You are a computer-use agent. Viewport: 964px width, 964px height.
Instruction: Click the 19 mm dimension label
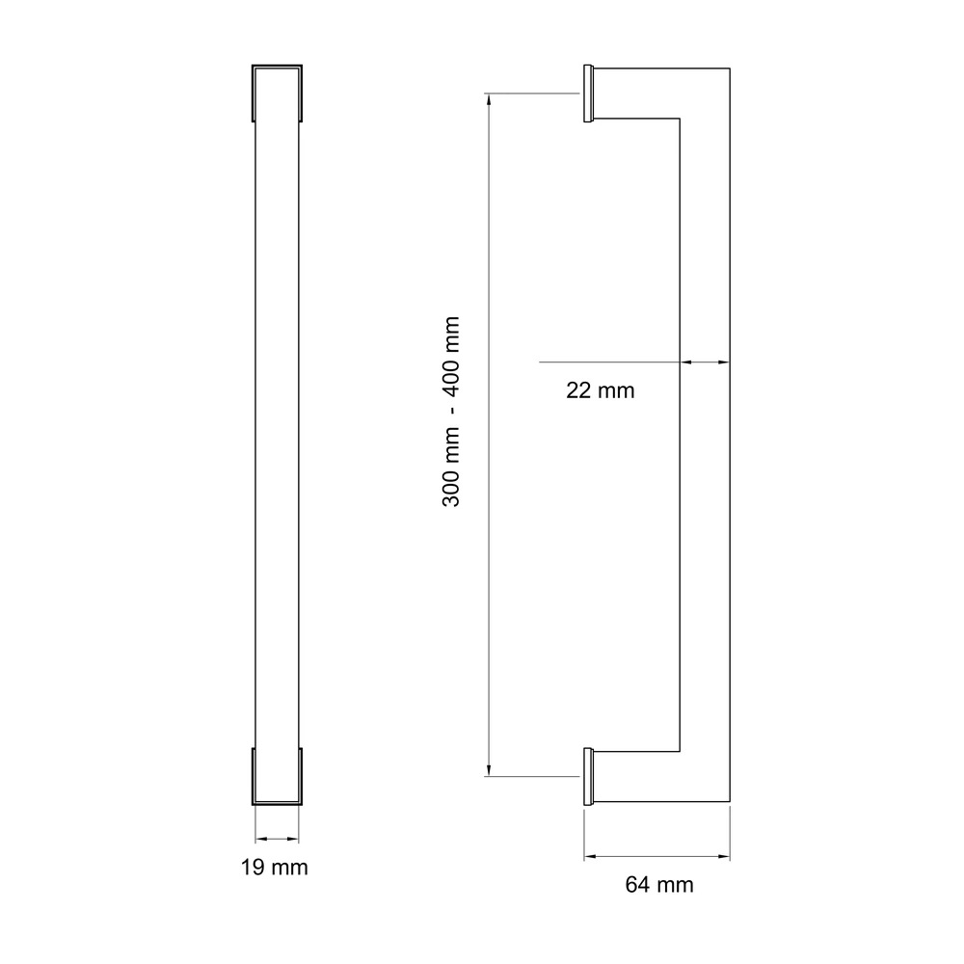[x=274, y=868]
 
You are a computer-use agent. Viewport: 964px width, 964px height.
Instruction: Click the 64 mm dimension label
[x=659, y=885]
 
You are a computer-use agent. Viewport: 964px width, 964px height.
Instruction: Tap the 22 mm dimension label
[x=600, y=390]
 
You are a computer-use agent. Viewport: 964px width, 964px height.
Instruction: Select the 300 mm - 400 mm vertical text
[x=450, y=412]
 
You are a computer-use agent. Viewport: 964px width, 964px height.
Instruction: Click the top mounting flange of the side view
[x=588, y=94]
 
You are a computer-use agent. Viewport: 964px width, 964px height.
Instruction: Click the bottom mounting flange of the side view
[x=588, y=776]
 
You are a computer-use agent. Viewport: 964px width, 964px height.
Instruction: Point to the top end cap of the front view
[x=277, y=93]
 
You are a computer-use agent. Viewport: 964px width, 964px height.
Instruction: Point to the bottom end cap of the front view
[x=277, y=776]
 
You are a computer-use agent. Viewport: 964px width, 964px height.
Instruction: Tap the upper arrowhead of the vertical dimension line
[x=489, y=99]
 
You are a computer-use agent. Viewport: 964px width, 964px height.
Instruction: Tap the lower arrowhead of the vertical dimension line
[x=489, y=770]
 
